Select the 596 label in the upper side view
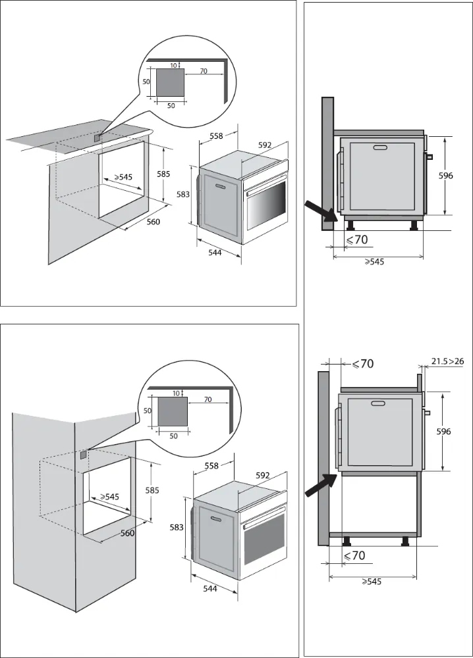click(x=446, y=176)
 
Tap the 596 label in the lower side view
click(x=444, y=432)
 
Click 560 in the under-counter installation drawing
click(x=153, y=222)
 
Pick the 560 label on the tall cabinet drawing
click(x=127, y=533)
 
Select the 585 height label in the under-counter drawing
click(x=163, y=174)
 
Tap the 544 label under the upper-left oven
click(x=215, y=252)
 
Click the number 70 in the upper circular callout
click(x=204, y=70)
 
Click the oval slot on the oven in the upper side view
click(x=381, y=148)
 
